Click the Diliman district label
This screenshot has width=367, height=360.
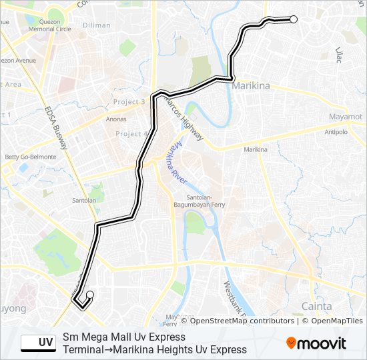(x=97, y=25)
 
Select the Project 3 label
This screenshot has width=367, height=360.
(x=129, y=102)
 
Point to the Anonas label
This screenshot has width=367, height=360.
(x=116, y=119)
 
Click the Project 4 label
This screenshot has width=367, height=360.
(x=131, y=134)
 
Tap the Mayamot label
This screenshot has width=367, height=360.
(x=346, y=117)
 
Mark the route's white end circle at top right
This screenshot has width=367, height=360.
(x=293, y=19)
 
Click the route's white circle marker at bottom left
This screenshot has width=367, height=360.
(x=90, y=295)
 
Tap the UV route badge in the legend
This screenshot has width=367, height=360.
(x=38, y=343)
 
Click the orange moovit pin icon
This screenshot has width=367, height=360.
(x=292, y=343)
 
